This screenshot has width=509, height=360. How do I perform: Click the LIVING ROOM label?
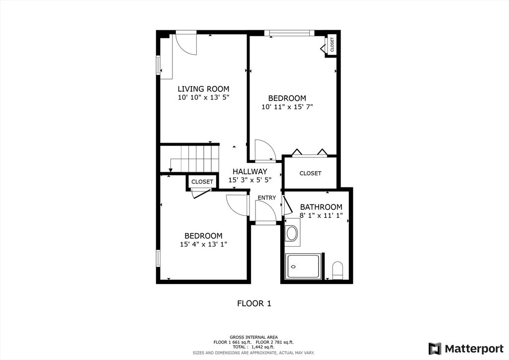coord(204,89)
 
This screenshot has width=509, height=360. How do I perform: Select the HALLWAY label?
coord(250,172)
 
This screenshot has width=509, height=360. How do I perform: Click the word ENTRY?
coord(266,198)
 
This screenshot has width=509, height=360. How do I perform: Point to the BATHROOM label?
coord(321,207)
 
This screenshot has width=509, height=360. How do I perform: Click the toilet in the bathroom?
coord(338,270)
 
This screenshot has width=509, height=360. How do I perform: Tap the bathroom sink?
coord(292,234)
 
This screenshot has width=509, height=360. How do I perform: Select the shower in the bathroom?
coord(304,267)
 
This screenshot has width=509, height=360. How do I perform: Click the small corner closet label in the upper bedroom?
coord(332,45)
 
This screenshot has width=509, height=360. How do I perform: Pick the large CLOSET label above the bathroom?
coord(310,174)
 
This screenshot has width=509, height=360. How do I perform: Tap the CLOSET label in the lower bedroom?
coord(202,182)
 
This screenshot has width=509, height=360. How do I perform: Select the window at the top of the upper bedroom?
coord(289,33)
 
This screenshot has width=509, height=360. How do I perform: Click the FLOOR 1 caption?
coord(254,303)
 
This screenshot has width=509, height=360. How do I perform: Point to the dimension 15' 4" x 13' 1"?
coord(204,244)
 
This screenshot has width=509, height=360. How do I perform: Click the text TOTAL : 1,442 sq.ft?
coord(254,347)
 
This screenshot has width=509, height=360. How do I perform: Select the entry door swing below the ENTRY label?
coord(266,212)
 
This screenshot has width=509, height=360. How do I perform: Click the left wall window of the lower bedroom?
coord(158,258)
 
